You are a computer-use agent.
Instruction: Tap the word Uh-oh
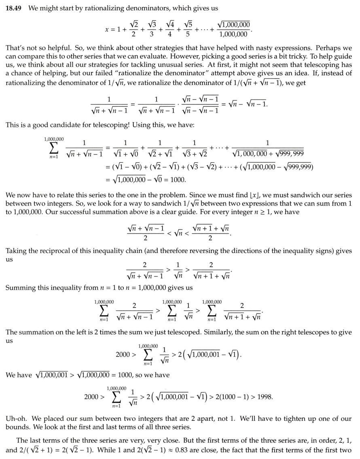(x=16, y=417)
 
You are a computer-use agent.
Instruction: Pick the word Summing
(x=19, y=288)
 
